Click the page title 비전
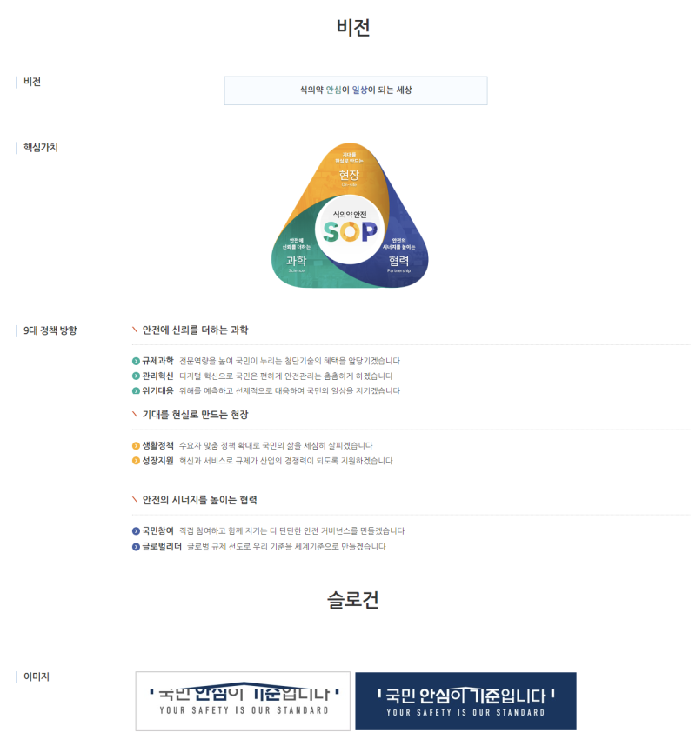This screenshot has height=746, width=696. pyautogui.click(x=353, y=28)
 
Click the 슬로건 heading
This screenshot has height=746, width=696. pyautogui.click(x=353, y=600)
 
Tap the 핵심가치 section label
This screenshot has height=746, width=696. pyautogui.click(x=40, y=148)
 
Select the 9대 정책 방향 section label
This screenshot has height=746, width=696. pyautogui.click(x=50, y=330)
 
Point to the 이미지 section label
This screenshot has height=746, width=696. pyautogui.click(x=37, y=676)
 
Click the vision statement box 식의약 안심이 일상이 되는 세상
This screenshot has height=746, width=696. pyautogui.click(x=356, y=90)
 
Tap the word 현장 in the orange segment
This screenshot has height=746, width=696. pyautogui.click(x=349, y=176)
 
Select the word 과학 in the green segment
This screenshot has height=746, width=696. pyautogui.click(x=296, y=260)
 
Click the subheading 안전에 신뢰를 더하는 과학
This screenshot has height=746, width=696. pyautogui.click(x=195, y=330)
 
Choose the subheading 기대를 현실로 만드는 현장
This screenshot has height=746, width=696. pyautogui.click(x=195, y=415)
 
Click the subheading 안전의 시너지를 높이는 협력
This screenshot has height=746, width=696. pyautogui.click(x=199, y=500)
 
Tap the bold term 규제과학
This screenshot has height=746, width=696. pyautogui.click(x=157, y=361)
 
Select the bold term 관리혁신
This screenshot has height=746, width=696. pyautogui.click(x=157, y=376)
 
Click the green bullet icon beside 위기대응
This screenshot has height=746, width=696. pyautogui.click(x=136, y=391)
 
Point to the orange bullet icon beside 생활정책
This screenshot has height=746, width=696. pyautogui.click(x=136, y=446)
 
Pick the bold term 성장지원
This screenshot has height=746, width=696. pyautogui.click(x=157, y=461)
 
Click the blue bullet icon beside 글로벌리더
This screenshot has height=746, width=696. pyautogui.click(x=136, y=547)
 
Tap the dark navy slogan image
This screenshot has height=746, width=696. pyautogui.click(x=465, y=701)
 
